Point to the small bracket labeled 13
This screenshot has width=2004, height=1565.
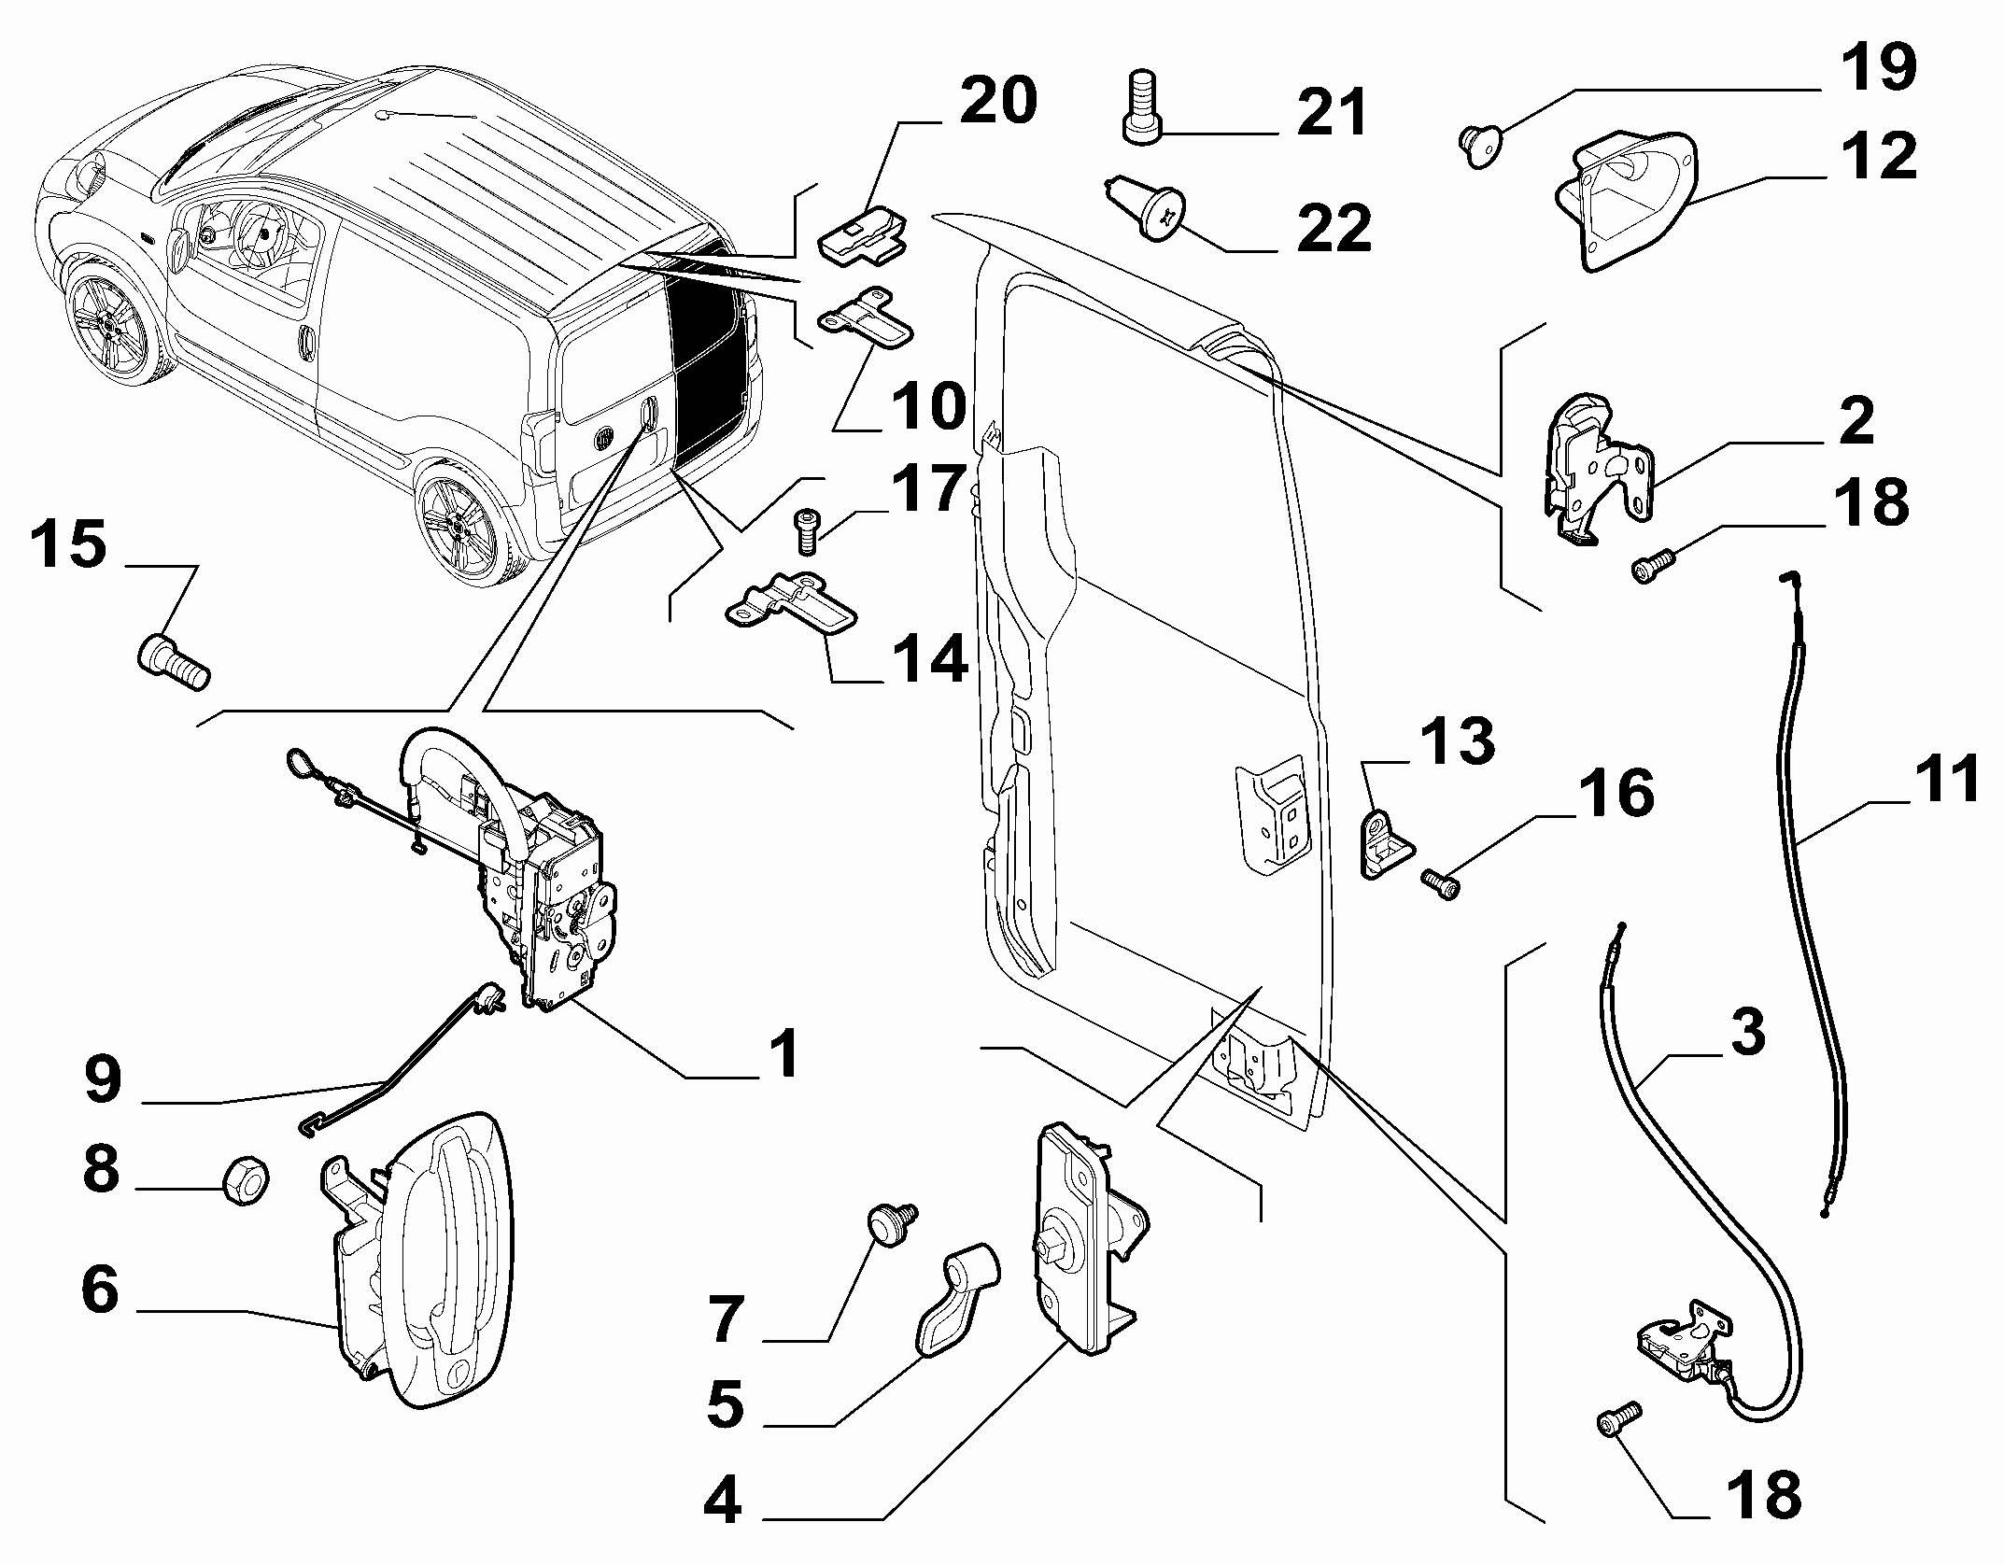[x=1384, y=842]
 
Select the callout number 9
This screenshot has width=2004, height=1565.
[x=103, y=1080]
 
